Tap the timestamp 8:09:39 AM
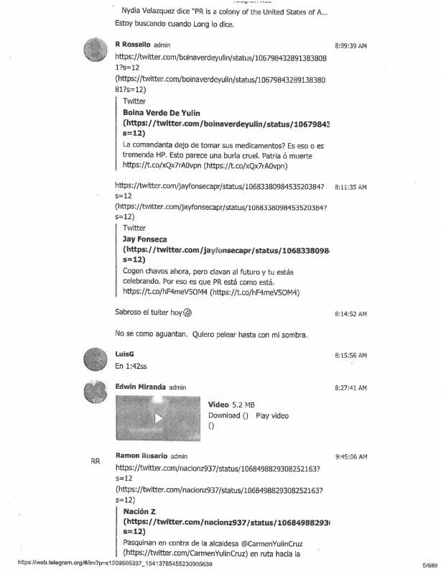tap(351, 46)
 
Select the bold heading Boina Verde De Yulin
tap(162, 113)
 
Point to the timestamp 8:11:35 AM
tap(351, 187)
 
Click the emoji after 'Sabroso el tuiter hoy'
tap(188, 313)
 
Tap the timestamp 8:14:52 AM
tap(351, 314)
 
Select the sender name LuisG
tap(124, 354)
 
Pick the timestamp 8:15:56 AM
tap(351, 356)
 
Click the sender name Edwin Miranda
tap(141, 387)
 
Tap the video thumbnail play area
tap(157, 417)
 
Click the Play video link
tap(272, 416)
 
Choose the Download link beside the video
tap(224, 416)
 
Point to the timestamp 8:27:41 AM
tap(351, 387)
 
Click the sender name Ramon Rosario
tap(141, 456)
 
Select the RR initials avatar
tap(96, 461)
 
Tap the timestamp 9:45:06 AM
tap(351, 456)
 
